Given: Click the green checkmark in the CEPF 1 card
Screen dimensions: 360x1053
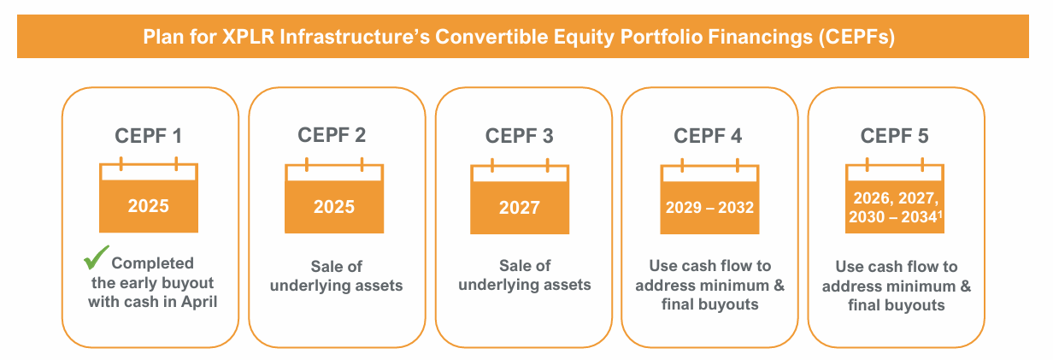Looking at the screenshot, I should pyautogui.click(x=96, y=257).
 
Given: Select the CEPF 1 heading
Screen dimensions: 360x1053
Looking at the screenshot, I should pyautogui.click(x=149, y=135).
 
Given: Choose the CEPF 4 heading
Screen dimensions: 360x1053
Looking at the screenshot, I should pyautogui.click(x=709, y=135).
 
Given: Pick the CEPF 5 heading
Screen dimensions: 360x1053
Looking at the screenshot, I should pyautogui.click(x=895, y=135).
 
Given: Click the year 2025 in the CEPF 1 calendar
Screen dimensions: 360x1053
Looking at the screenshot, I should pyautogui.click(x=149, y=206).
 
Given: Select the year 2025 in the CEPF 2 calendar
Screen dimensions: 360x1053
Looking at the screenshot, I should pyautogui.click(x=335, y=207).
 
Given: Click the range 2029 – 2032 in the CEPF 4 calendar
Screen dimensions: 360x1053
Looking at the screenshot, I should pyautogui.click(x=709, y=208).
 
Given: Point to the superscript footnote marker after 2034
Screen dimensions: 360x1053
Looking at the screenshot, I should pyautogui.click(x=939, y=214).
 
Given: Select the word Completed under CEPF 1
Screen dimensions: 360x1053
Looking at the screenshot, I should pyautogui.click(x=153, y=263).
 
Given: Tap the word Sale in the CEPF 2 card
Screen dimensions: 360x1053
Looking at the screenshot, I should pyautogui.click(x=326, y=266).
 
